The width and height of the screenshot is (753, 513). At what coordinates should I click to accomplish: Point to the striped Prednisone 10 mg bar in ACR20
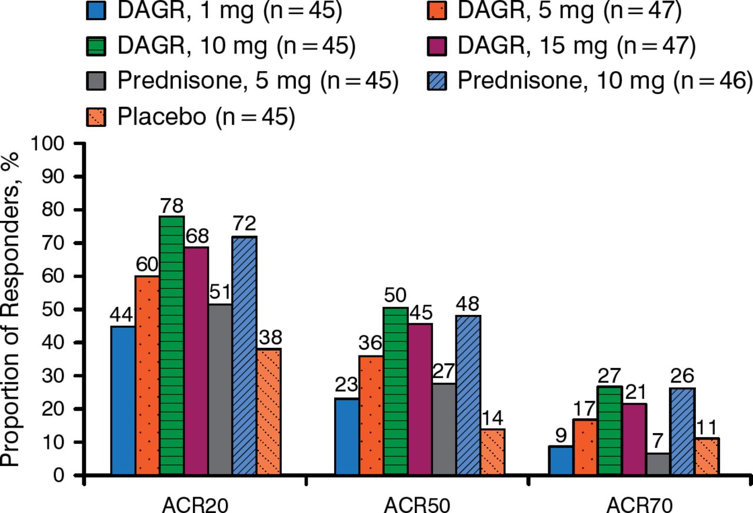(245, 355)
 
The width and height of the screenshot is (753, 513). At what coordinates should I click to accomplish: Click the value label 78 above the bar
(171, 206)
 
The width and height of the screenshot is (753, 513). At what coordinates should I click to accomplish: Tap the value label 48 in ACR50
(468, 305)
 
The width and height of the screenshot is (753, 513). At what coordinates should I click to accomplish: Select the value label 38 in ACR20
(269, 338)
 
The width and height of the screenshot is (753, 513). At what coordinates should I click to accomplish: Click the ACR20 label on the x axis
(196, 503)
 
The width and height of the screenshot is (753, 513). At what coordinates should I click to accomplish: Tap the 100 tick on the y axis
(58, 144)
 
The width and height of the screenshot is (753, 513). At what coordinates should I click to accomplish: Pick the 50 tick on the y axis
(62, 310)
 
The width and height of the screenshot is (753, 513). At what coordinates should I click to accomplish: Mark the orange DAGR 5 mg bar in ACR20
(147, 374)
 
